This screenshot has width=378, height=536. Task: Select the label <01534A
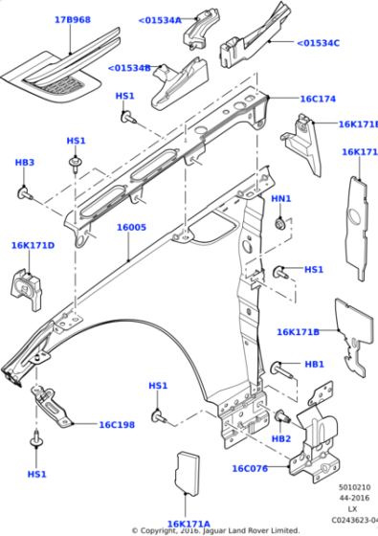click(159, 19)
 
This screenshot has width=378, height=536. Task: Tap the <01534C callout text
click(318, 42)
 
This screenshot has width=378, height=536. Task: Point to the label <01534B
click(129, 68)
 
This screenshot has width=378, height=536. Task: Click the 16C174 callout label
click(318, 99)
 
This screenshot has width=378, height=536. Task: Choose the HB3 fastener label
click(25, 163)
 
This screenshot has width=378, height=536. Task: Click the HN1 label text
click(280, 198)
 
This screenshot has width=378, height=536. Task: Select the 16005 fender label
click(131, 228)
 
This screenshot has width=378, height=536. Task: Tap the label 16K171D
click(33, 246)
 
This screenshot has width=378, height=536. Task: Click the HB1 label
click(314, 365)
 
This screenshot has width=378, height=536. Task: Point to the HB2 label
click(280, 438)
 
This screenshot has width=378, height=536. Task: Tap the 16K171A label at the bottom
click(189, 523)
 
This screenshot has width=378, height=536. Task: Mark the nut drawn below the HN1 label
click(278, 224)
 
